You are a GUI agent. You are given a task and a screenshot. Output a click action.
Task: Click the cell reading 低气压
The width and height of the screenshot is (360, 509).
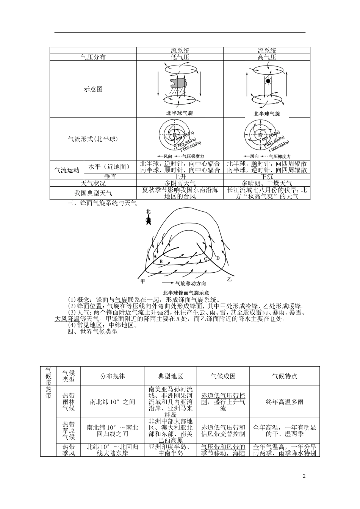pyautogui.click(x=180, y=57)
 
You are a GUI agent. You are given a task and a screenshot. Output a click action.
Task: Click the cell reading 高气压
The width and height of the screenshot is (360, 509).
pyautogui.click(x=267, y=57)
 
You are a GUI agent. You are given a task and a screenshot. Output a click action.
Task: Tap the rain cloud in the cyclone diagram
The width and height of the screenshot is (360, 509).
pyautogui.click(x=179, y=83)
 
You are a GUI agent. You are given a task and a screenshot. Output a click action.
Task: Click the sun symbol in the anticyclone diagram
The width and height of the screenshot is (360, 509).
pyautogui.click(x=268, y=81)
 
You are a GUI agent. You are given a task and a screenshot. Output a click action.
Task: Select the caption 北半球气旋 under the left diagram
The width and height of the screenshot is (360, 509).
pyautogui.click(x=180, y=113)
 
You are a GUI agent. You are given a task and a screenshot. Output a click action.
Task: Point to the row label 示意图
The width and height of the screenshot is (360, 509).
pyautogui.click(x=93, y=89)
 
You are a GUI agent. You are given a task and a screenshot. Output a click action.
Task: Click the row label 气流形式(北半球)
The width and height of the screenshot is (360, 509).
pyautogui.click(x=93, y=139)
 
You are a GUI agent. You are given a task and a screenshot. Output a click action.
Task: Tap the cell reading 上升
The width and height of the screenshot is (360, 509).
pyautogui.click(x=180, y=176)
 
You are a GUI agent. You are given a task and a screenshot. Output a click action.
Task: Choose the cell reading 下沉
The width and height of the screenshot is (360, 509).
pyautogui.click(x=267, y=176)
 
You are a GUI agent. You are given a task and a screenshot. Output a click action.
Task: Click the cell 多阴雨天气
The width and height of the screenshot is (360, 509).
pyautogui.click(x=180, y=183)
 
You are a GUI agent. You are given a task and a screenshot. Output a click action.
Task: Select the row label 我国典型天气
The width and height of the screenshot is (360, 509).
pyautogui.click(x=93, y=193)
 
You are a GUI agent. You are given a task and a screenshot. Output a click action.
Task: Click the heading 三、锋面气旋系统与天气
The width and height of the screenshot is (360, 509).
pyautogui.click(x=102, y=203)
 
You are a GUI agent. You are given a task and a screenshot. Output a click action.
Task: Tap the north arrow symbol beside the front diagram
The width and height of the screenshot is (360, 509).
pyautogui.click(x=148, y=220)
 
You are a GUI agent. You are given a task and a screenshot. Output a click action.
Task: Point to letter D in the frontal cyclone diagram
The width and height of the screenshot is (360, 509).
pyautogui.click(x=218, y=258)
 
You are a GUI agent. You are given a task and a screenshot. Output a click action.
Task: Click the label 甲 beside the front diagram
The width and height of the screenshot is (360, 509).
pyautogui.click(x=142, y=281)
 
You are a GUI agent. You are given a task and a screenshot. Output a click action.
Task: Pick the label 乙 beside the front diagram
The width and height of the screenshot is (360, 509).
pyautogui.click(x=229, y=279)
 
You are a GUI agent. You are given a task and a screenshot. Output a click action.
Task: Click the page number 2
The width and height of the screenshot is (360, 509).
pyautogui.click(x=304, y=476)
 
